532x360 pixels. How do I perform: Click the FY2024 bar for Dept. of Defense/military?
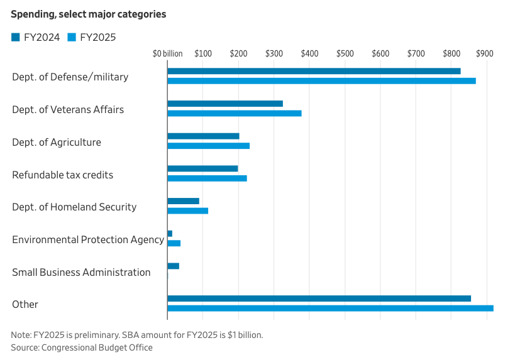pyautogui.click(x=314, y=71)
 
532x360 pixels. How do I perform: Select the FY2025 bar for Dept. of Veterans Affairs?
pyautogui.click(x=234, y=113)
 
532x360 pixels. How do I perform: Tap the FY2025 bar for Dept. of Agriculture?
pyautogui.click(x=208, y=146)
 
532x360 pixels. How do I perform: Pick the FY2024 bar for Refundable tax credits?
pyautogui.click(x=202, y=168)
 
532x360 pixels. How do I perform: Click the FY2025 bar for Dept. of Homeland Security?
pyautogui.click(x=187, y=210)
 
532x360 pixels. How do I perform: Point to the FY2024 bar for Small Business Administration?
pyautogui.click(x=173, y=266)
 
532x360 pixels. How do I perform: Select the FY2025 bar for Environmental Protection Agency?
pyautogui.click(x=174, y=243)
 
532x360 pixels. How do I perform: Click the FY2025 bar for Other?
pyautogui.click(x=330, y=308)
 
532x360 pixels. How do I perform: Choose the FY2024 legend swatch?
pyautogui.click(x=16, y=38)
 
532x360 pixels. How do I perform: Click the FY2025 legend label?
pyautogui.click(x=97, y=38)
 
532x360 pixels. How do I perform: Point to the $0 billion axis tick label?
pyautogui.click(x=168, y=54)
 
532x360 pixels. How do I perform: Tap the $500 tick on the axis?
pyautogui.click(x=345, y=54)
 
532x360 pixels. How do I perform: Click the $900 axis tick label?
pyautogui.click(x=485, y=54)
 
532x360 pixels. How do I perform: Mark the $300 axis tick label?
pyautogui.click(x=274, y=54)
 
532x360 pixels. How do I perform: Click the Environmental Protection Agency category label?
pyautogui.click(x=88, y=239)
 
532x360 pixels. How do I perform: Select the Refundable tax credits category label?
pyautogui.click(x=63, y=175)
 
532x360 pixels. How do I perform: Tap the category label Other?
pyautogui.click(x=25, y=304)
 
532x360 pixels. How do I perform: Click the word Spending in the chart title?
pyautogui.click(x=31, y=14)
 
